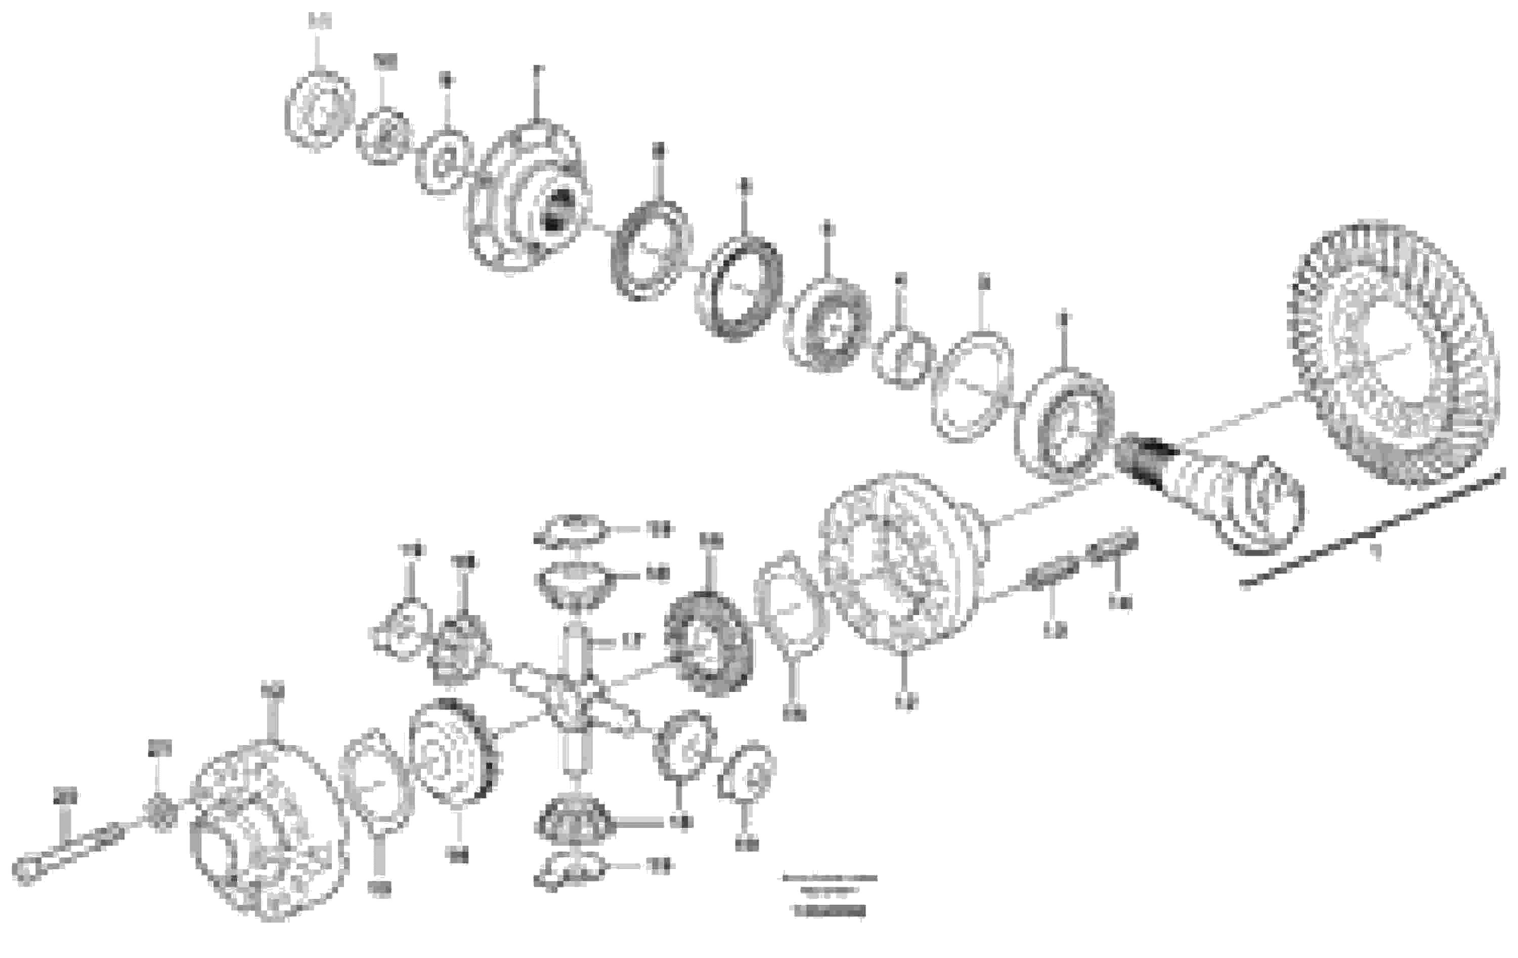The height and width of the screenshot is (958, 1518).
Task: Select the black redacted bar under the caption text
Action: click(x=830, y=911)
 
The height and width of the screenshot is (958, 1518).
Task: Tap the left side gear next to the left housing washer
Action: click(x=454, y=753)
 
